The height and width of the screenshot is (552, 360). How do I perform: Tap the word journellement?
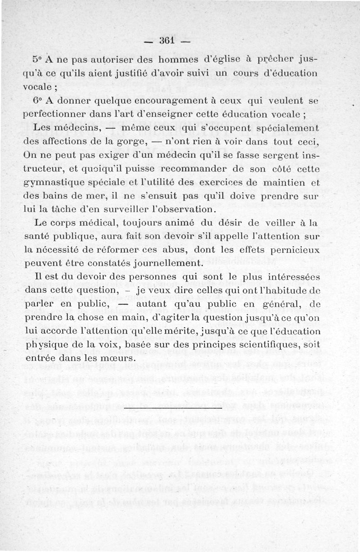click(x=167, y=263)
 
